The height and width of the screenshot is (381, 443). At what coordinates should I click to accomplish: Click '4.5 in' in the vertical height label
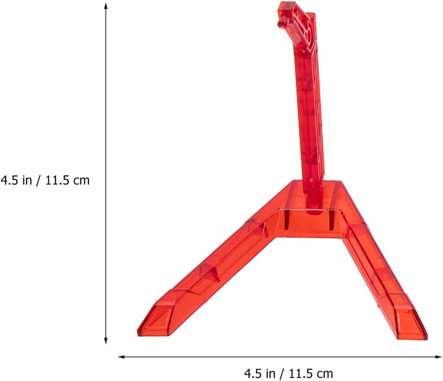(16, 180)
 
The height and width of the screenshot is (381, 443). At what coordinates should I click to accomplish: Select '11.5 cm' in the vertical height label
(67, 180)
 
